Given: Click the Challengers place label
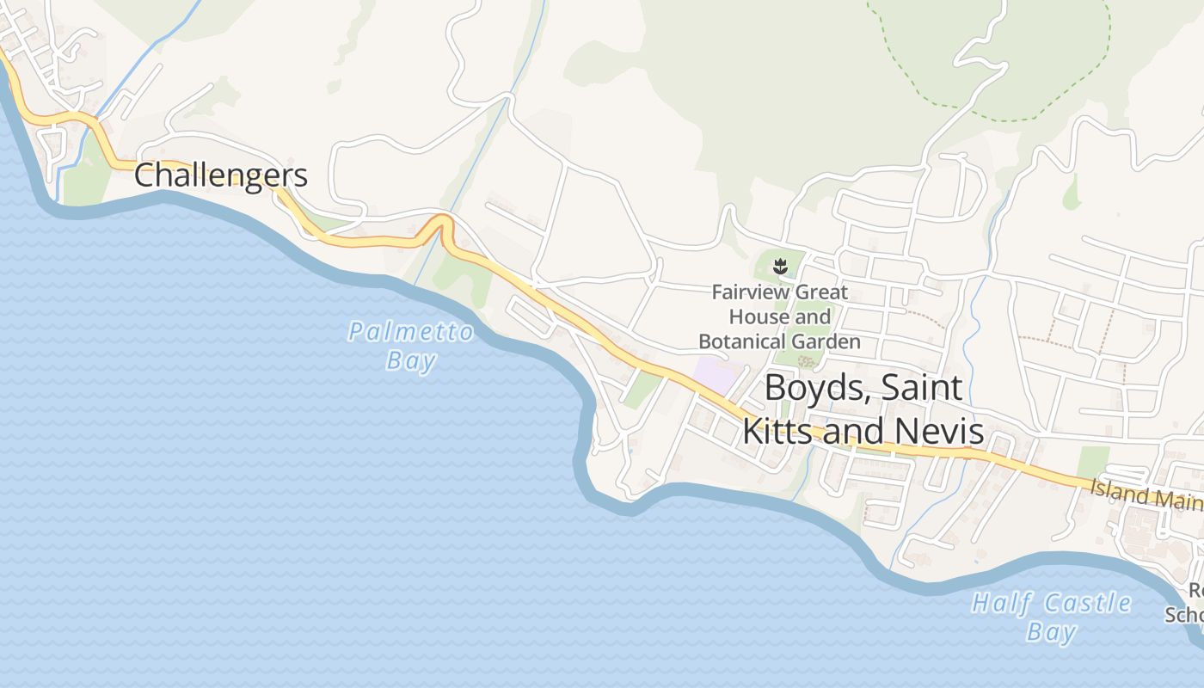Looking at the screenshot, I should coord(221,175).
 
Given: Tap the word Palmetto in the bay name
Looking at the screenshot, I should coord(411,331).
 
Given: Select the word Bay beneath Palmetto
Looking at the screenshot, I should coord(411,359).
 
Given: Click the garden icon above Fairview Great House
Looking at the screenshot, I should coord(780,267).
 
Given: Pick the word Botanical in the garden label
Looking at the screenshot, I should coord(740,341).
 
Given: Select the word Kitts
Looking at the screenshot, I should coord(777,430).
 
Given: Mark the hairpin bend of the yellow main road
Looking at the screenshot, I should coord(442,221).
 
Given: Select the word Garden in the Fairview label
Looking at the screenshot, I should coord(828,341).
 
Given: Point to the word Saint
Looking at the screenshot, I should coord(923,388).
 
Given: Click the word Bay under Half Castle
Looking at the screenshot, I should coord(1051,632).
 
